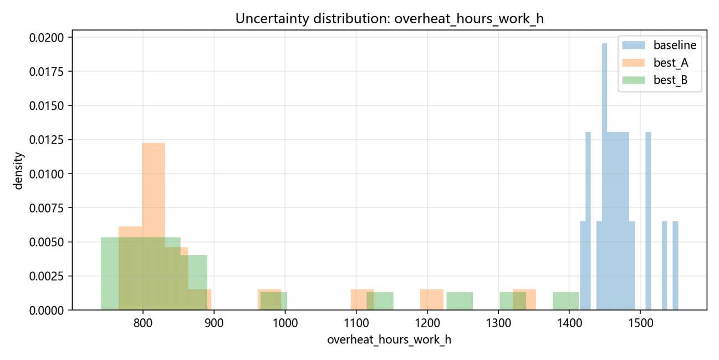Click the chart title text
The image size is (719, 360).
click(389, 19)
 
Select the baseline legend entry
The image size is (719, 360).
click(659, 45)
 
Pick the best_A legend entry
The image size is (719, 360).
click(655, 63)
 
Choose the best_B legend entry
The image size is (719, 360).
click(655, 80)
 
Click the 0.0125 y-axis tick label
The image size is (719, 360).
click(47, 140)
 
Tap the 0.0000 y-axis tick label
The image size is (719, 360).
click(47, 310)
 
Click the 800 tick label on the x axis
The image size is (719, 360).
click(143, 323)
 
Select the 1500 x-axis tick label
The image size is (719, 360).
click(640, 323)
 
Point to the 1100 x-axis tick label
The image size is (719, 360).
click(356, 323)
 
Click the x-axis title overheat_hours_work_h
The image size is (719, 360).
click(389, 340)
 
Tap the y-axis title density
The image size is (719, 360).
click(18, 171)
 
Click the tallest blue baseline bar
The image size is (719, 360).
click(604, 176)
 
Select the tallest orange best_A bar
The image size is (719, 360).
click(154, 226)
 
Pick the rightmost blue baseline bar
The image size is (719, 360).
click(675, 266)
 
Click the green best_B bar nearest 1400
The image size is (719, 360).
click(566, 301)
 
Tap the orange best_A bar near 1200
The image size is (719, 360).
click(432, 300)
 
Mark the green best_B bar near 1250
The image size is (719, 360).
click(460, 301)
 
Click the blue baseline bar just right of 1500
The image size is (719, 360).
click(648, 221)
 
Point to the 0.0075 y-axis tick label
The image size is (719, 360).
click(47, 208)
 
